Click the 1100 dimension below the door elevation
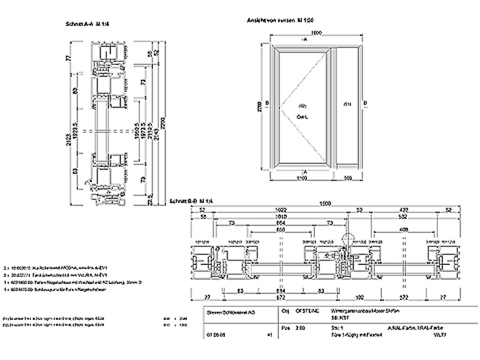pos(301,178)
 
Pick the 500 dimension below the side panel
pos(347,178)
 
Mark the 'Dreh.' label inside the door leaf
pos(302,116)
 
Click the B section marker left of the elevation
pos(267,103)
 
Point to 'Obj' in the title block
pos(286,310)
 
